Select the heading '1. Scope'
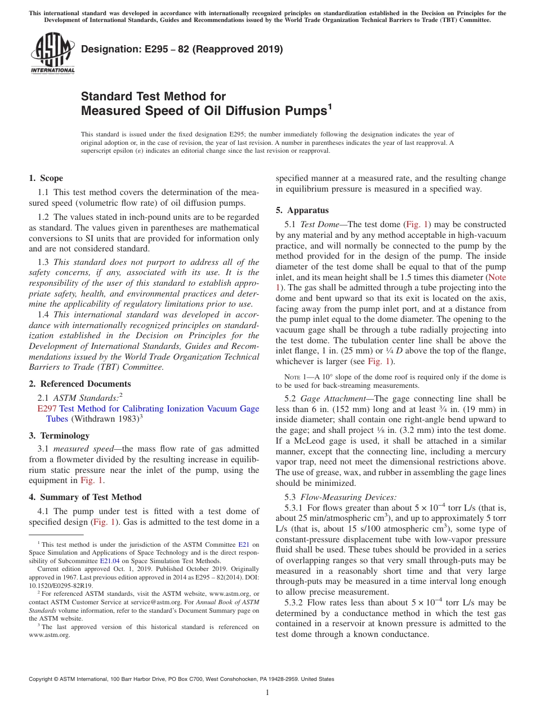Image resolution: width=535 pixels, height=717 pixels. (46, 178)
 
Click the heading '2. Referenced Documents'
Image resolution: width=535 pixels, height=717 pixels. (80, 384)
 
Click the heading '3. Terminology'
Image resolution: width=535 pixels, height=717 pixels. (59, 436)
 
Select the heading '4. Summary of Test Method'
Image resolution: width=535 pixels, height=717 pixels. (85, 497)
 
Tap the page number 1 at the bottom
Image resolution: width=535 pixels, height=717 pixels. (267, 693)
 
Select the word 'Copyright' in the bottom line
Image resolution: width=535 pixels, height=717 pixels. (41, 679)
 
